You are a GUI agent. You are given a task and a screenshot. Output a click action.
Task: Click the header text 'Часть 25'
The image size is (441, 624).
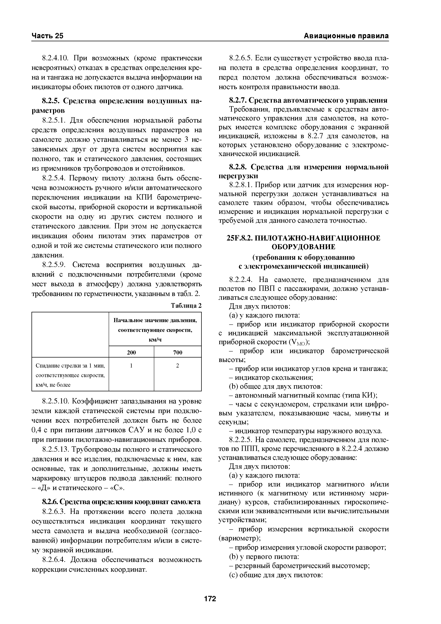pyautogui.click(x=47, y=36)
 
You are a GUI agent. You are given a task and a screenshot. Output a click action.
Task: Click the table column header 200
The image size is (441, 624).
pyautogui.click(x=131, y=353)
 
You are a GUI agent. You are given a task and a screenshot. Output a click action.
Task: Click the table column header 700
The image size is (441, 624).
pyautogui.click(x=177, y=353)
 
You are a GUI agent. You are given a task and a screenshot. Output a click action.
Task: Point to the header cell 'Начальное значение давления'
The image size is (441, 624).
pyautogui.click(x=155, y=321)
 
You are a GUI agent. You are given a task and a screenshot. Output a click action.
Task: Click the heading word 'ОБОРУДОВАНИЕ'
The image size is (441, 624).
pyautogui.click(x=303, y=247)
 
